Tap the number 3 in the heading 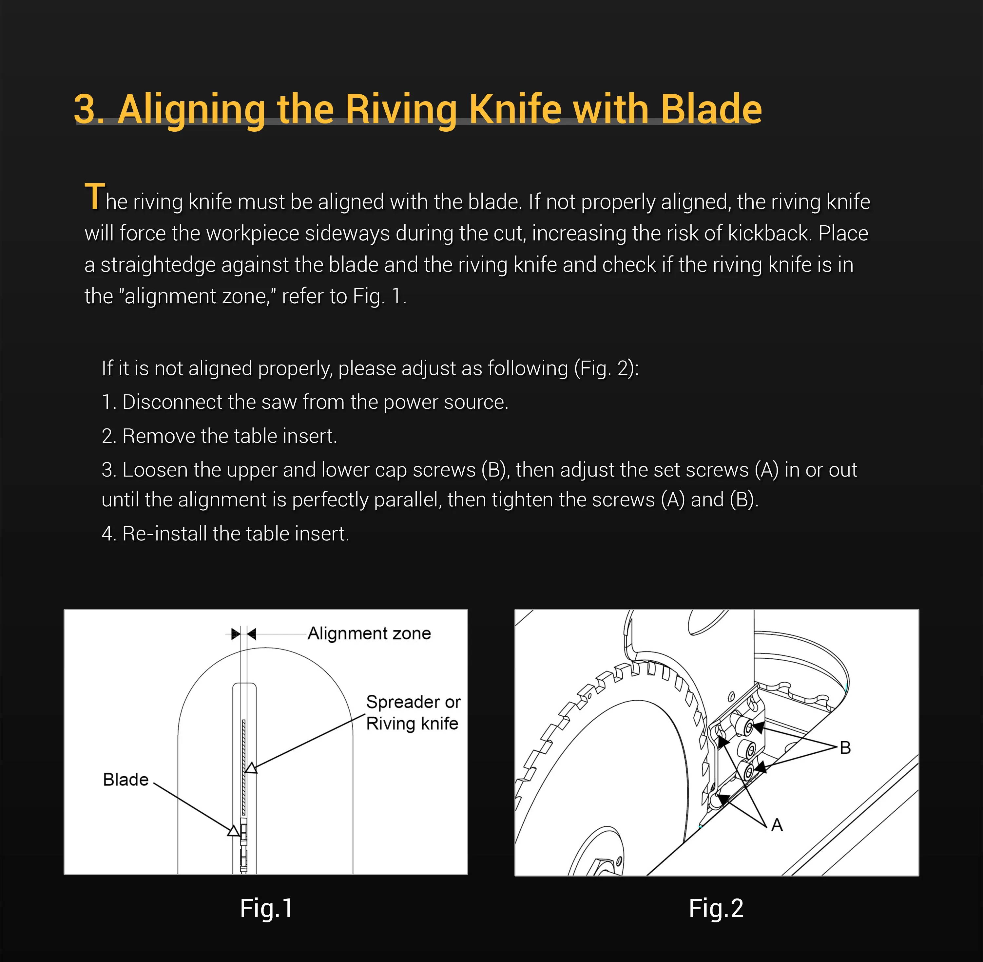pos(85,109)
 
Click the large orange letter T pos(94,196)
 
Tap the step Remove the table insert pos(219,436)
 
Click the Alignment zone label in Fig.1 pos(369,633)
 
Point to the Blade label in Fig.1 pos(126,780)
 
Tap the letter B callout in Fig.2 pos(845,748)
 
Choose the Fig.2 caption pos(716,908)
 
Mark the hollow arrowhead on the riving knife pos(251,768)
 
